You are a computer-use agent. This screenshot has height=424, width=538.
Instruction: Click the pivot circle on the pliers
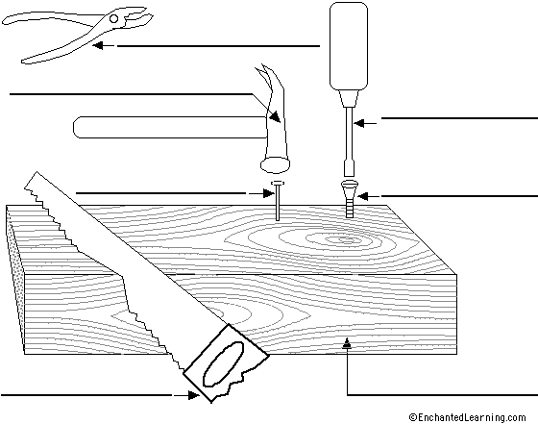(114, 18)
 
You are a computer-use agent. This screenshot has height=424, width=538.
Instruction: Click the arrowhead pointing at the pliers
(98, 45)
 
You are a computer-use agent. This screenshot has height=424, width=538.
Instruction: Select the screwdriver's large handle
(349, 46)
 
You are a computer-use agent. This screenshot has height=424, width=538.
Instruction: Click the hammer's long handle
(170, 127)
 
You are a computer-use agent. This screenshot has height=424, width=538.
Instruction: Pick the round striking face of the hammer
(275, 165)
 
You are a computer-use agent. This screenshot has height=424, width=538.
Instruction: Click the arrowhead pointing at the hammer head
(275, 116)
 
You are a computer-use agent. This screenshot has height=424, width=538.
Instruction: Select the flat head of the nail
(278, 183)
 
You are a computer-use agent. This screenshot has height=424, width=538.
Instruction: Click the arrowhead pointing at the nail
(268, 193)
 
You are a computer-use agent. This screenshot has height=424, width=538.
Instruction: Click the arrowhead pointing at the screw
(363, 196)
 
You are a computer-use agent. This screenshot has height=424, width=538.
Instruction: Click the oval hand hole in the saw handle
(223, 363)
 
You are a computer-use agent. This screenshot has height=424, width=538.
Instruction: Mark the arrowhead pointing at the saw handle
(193, 395)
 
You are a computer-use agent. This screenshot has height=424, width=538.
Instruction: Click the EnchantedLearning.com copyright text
(467, 417)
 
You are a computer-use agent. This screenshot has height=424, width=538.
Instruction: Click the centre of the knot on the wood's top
(343, 239)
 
